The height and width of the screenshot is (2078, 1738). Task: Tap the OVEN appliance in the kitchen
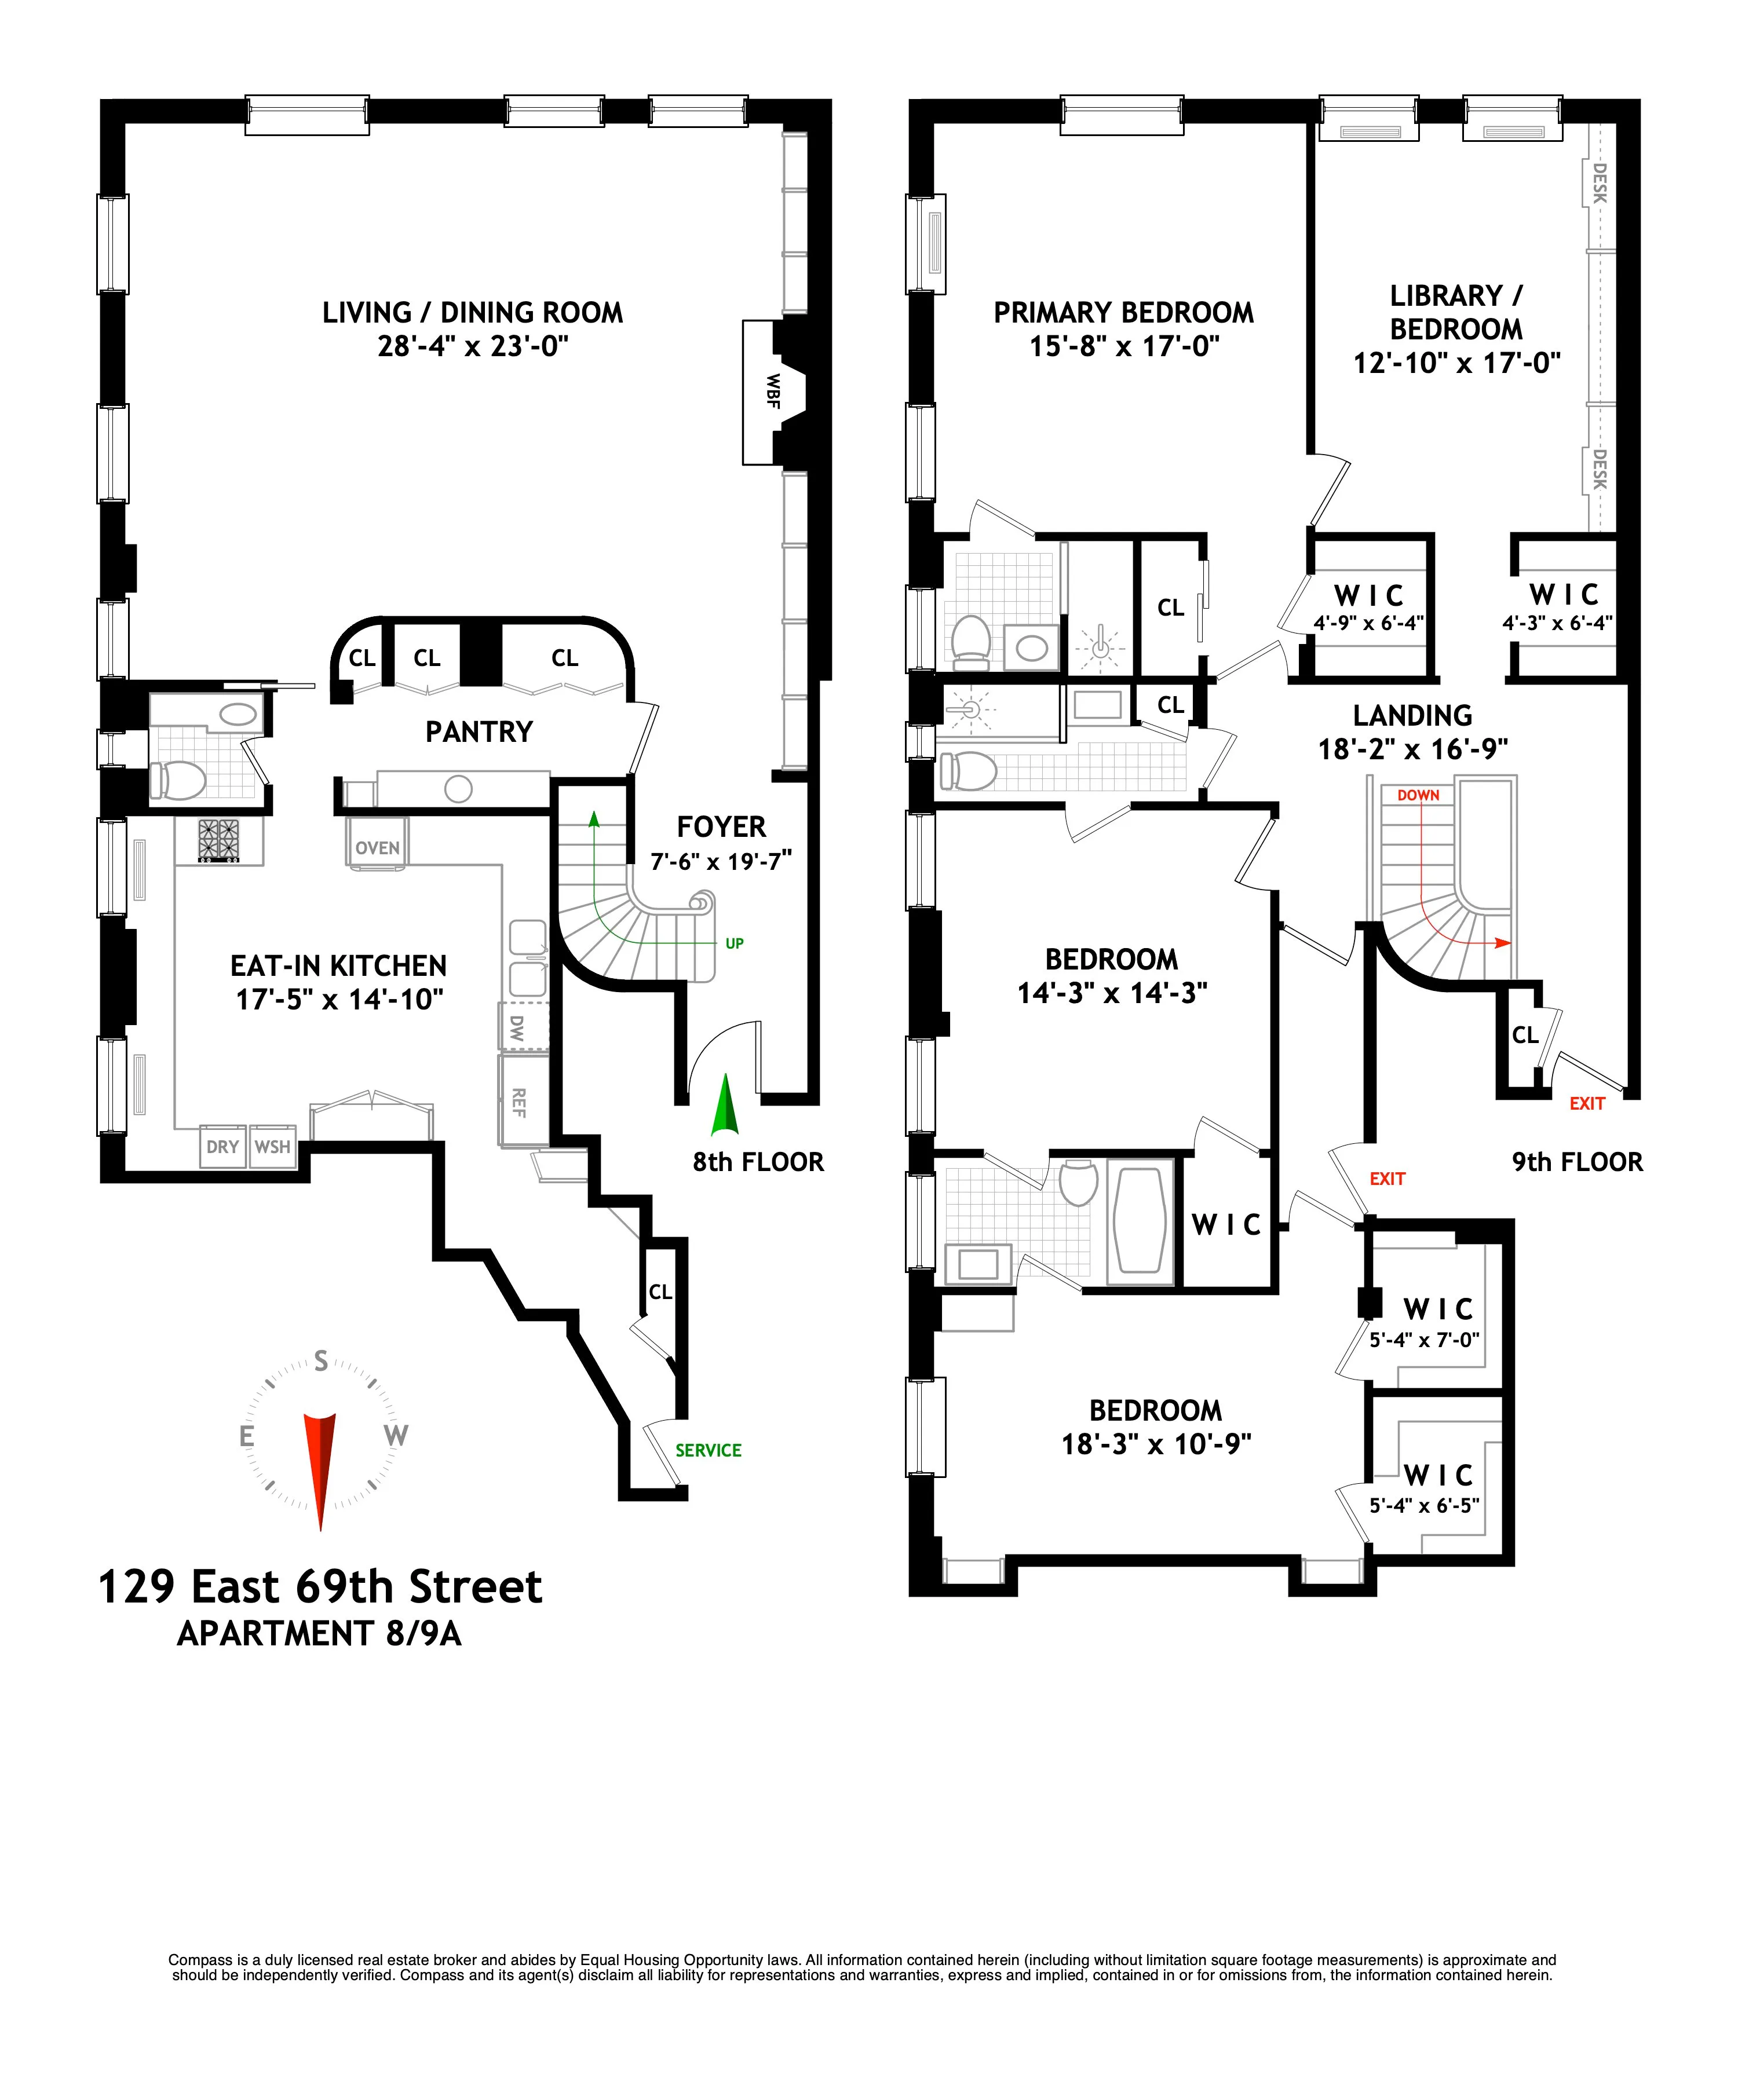coord(377,848)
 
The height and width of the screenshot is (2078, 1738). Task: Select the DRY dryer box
coord(222,1147)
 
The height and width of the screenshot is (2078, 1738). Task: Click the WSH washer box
coord(272,1147)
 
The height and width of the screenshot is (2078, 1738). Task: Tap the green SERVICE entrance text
coord(708,1451)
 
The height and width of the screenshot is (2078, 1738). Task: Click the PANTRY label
coord(479,731)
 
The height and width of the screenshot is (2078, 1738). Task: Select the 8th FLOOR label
coord(758,1162)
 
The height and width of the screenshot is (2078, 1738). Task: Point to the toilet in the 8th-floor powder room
coord(178,780)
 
